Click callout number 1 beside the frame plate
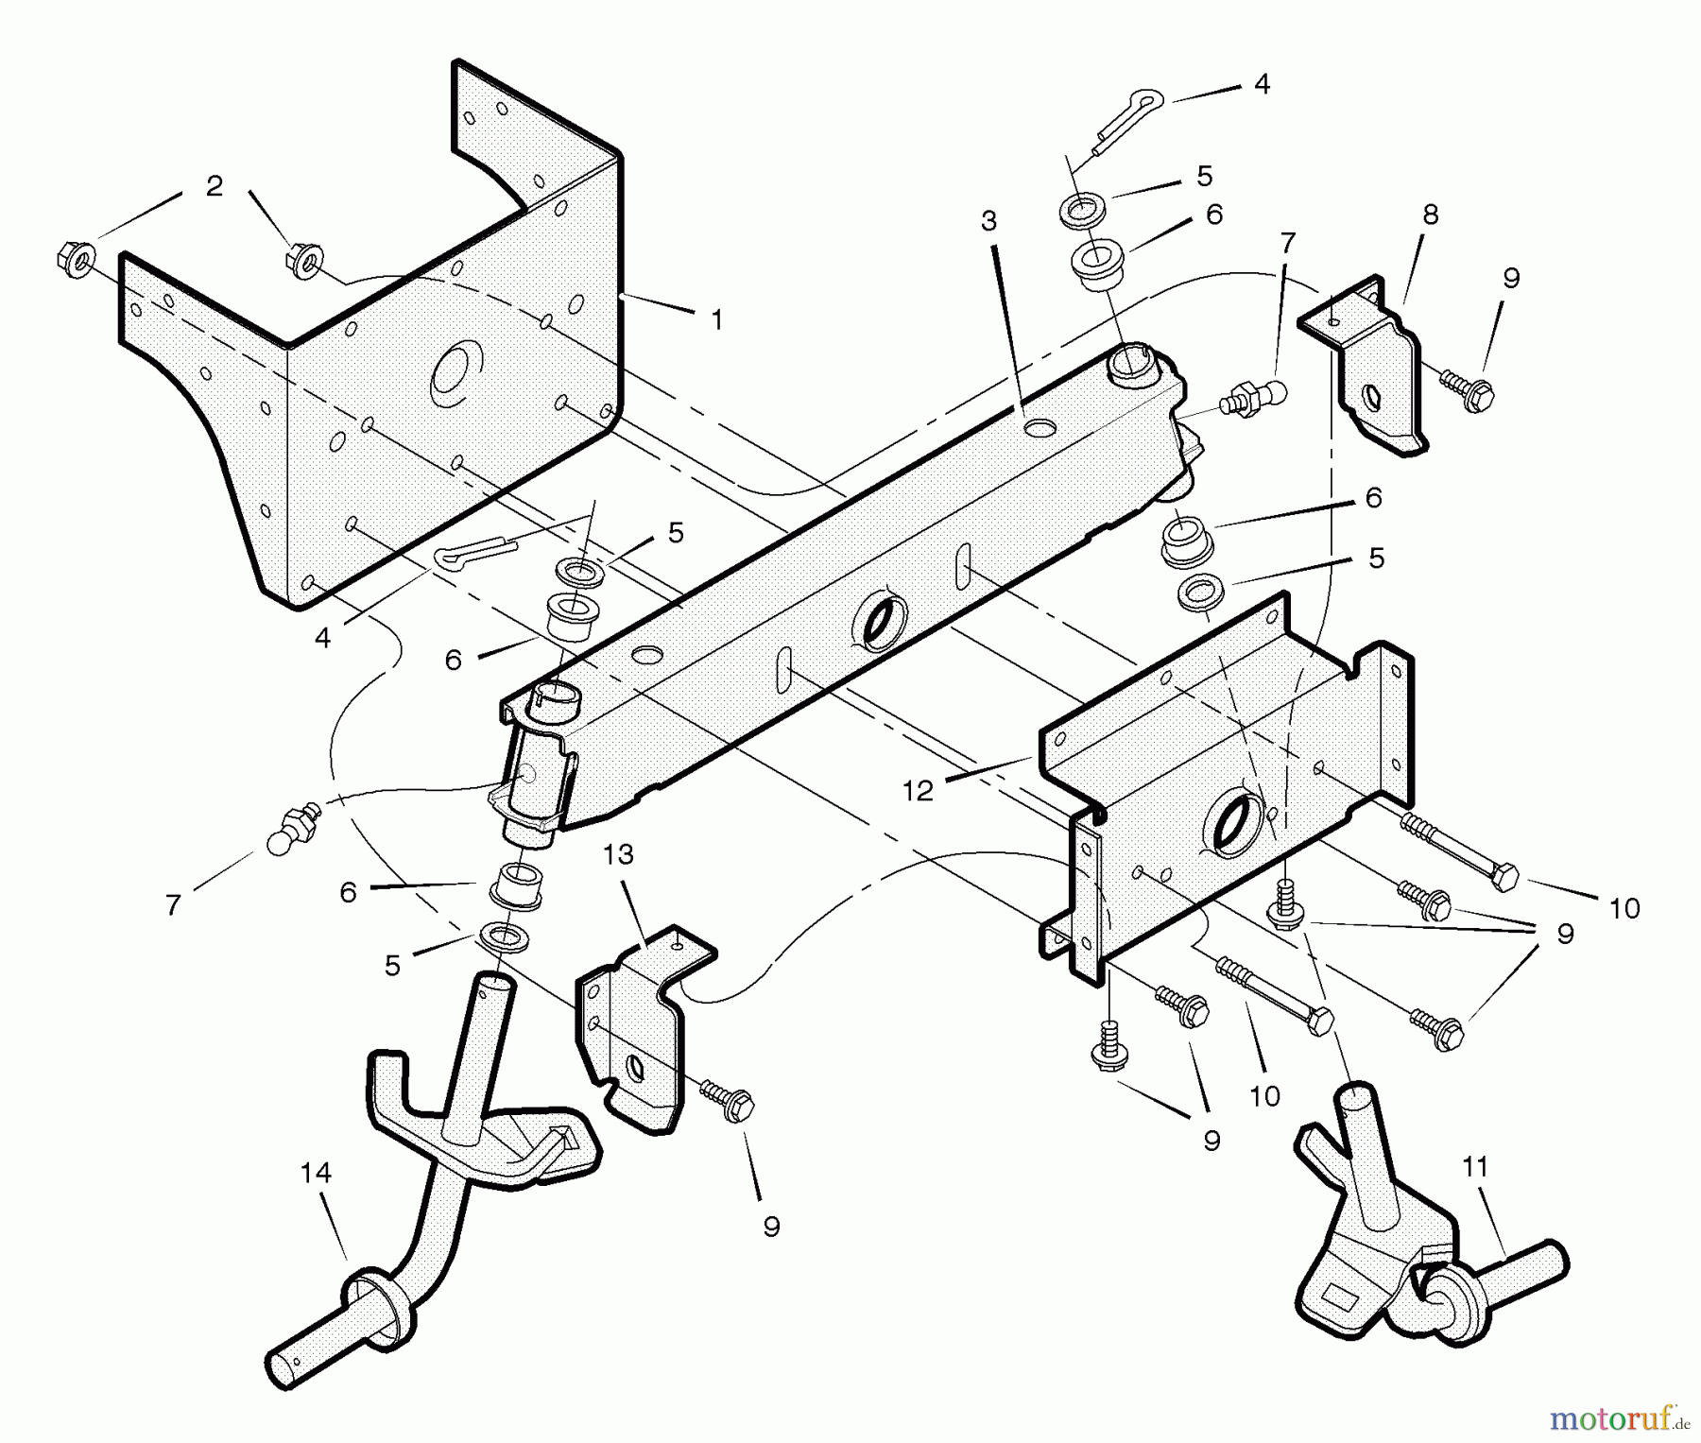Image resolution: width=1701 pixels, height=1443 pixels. pos(717,320)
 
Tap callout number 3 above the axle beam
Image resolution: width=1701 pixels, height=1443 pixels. pos(988,221)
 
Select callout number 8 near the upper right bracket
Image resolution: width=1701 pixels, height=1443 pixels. pos(1431,215)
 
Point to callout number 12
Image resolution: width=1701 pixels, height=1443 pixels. pos(918,790)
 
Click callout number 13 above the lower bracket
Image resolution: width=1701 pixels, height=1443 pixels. pos(619,854)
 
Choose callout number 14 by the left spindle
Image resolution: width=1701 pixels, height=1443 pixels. pos(316,1173)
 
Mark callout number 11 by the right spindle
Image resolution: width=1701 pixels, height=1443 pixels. pos(1475,1167)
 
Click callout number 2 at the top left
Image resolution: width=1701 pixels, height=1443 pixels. pos(215,186)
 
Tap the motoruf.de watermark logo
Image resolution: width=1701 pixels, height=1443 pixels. pos(1620,1416)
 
